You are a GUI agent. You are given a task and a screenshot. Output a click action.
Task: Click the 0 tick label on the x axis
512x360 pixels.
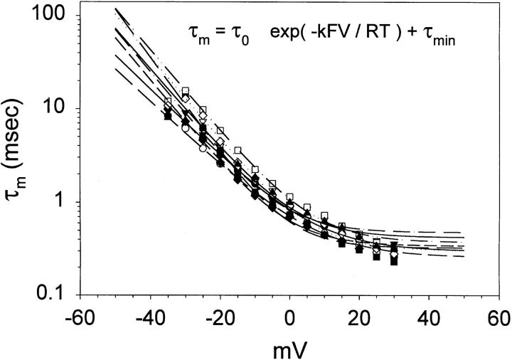click(x=289, y=315)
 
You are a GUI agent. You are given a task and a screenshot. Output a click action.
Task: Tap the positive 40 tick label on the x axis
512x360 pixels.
click(x=429, y=315)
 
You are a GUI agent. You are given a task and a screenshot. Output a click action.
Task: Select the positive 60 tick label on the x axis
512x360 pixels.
click(x=498, y=315)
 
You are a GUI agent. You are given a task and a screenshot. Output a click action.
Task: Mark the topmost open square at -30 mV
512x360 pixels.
click(x=185, y=91)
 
